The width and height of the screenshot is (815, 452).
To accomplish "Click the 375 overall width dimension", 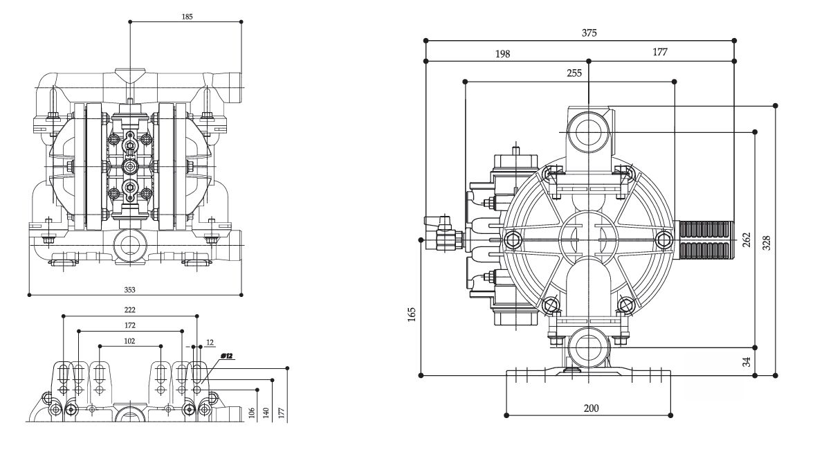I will point(589,33).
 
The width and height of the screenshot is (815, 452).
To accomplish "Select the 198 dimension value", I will point(502,53).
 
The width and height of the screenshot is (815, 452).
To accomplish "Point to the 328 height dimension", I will point(766,242).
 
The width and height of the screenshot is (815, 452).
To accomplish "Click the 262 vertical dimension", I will point(745,239).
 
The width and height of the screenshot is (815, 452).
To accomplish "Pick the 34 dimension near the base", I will point(745,361).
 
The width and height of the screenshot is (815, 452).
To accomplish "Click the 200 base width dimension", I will point(590,408).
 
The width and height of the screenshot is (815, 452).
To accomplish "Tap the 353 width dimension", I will point(129,289).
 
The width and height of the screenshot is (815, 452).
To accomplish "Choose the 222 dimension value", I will point(129,309).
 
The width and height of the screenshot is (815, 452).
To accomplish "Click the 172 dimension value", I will point(129,325).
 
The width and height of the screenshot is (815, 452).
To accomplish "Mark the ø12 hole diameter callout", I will point(227,356).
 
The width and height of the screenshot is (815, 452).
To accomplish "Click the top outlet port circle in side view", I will point(587,130).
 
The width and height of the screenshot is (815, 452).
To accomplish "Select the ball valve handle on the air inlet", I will point(437,222).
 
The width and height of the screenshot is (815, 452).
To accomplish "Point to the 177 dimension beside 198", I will point(659,53).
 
